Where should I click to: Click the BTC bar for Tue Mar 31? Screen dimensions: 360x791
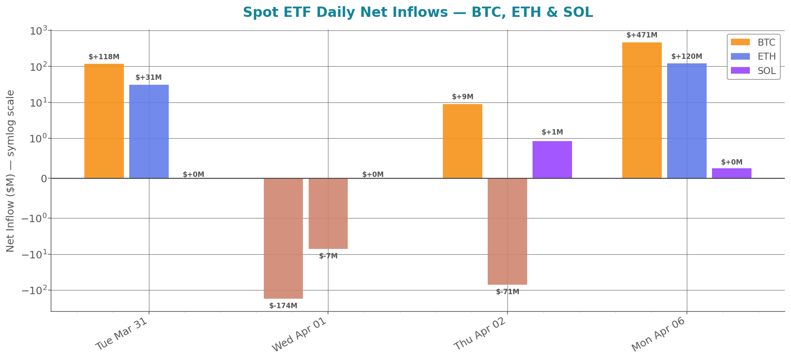coord(104,121)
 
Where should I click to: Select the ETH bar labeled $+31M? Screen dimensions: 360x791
coord(149,131)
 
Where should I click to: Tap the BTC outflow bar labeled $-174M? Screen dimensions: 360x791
coord(283,238)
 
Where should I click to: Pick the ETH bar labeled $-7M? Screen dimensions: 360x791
coord(328,214)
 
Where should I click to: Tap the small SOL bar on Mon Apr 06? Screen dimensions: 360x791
coord(731,173)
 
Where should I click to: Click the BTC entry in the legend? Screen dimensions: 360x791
coord(753,42)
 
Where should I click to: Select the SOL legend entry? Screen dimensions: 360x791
coord(753,71)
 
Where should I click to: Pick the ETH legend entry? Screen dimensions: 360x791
coord(753,56)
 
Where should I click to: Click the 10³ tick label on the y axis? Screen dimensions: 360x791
coord(39,31)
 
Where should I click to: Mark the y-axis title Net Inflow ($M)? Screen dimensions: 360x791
coord(11,171)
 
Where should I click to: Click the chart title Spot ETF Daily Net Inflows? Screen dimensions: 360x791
coord(417,12)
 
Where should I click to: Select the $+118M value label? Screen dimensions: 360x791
coord(104,57)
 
